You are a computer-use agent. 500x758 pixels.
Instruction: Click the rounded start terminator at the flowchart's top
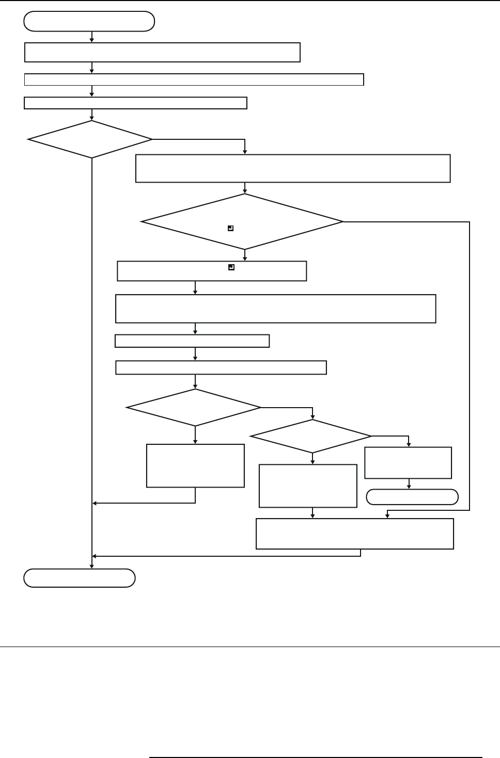coord(89,22)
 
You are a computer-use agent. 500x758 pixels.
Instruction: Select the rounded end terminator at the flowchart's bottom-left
coord(80,578)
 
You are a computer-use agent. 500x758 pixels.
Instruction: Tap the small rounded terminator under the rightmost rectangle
coord(412,497)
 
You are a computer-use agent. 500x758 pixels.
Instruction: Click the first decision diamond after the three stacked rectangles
coord(90,139)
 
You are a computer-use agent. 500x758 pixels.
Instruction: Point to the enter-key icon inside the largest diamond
coord(231,228)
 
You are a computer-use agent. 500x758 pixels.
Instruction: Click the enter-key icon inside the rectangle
coord(231,267)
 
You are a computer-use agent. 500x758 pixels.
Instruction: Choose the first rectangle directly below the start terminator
coord(163,53)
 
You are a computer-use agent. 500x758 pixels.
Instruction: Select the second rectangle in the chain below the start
coord(194,79)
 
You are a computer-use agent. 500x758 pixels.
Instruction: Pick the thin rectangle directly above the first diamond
coord(135,103)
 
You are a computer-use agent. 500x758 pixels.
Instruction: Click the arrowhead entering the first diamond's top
coord(92,118)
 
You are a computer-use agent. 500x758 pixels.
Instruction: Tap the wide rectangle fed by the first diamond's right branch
coord(293,168)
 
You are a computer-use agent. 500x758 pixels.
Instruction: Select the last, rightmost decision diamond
coord(311,436)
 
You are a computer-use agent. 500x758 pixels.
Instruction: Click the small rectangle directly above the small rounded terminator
coord(408,463)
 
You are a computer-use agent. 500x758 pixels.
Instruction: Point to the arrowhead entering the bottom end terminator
coord(92,567)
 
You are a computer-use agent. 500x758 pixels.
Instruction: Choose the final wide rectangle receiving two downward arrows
coord(355,534)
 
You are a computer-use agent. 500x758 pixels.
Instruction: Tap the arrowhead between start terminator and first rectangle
coord(92,40)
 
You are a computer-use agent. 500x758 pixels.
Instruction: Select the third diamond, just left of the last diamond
coord(194,408)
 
